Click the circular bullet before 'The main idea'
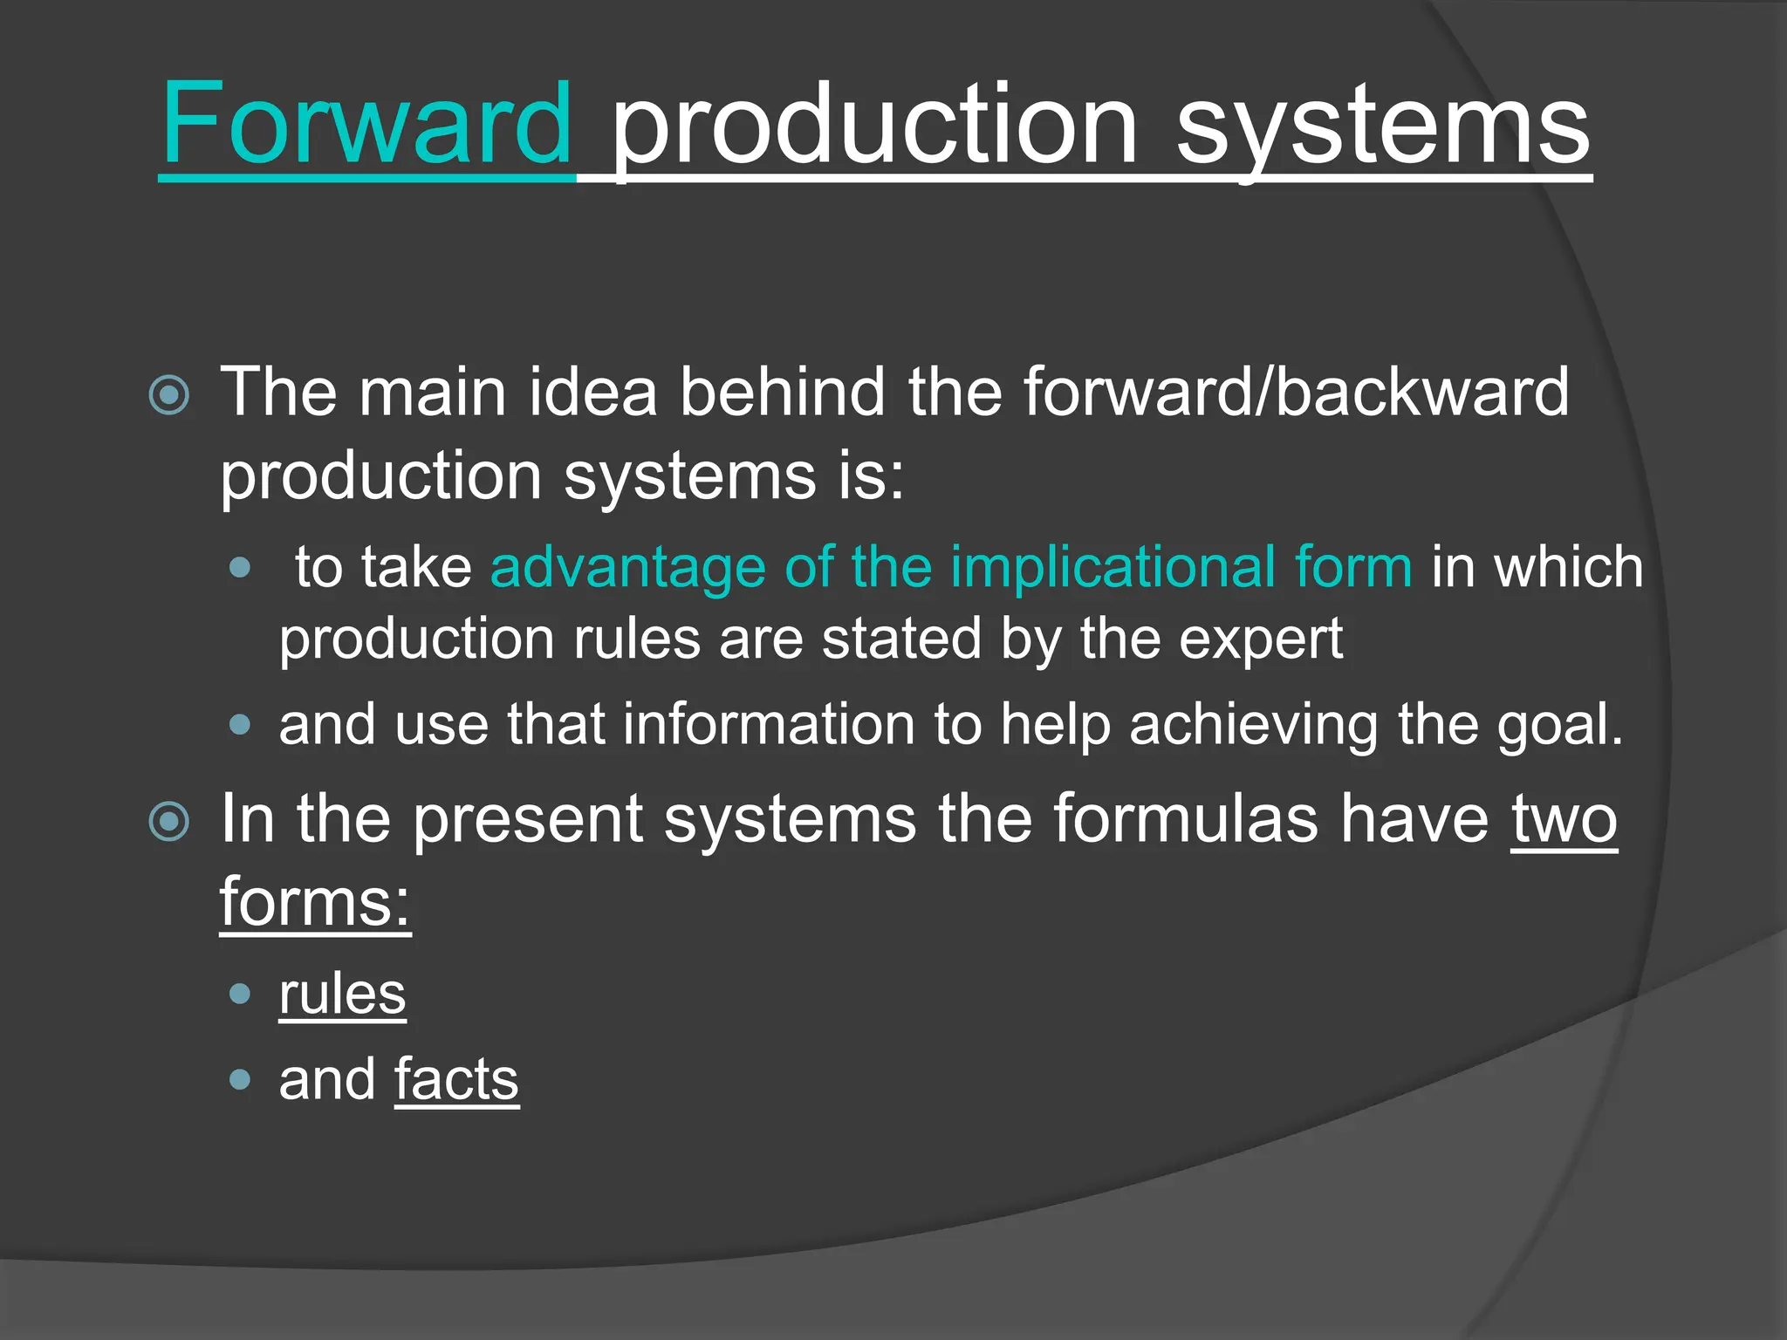click(169, 395)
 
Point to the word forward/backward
click(1296, 392)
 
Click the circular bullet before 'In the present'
click(169, 821)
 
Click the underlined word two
click(1564, 820)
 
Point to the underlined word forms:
click(315, 902)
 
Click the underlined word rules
click(342, 994)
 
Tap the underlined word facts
click(456, 1080)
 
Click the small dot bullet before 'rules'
click(240, 994)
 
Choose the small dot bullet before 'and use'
click(240, 725)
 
